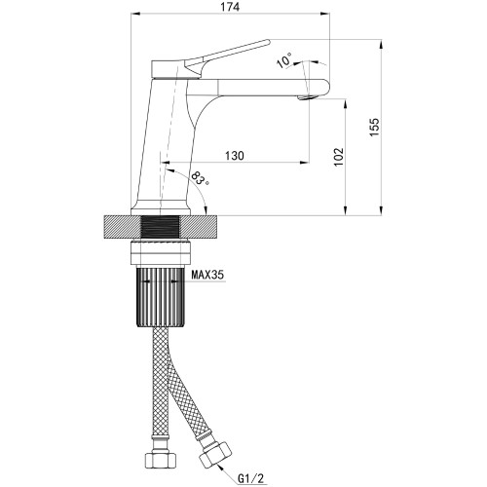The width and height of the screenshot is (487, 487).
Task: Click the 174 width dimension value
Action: click(231, 7)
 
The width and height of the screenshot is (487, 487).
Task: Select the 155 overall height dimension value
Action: click(374, 127)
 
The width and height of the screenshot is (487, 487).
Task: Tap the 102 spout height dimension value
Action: click(339, 157)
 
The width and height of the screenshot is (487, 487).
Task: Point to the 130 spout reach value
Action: click(235, 156)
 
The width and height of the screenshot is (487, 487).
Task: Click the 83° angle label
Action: click(200, 178)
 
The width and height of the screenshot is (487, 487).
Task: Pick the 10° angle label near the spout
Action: click(284, 60)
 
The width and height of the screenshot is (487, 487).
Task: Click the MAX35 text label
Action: click(207, 276)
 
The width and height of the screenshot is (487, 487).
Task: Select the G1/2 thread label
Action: click(251, 477)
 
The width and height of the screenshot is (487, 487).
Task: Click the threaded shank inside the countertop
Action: click(161, 227)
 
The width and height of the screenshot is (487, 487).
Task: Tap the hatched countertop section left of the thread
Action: click(123, 227)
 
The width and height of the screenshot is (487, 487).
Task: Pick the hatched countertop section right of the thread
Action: click(200, 227)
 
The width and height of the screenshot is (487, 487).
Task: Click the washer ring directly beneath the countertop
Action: click(161, 252)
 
